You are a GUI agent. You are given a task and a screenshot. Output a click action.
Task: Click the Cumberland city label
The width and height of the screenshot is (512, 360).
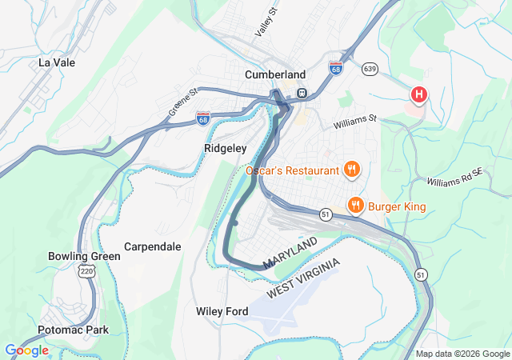[274, 74]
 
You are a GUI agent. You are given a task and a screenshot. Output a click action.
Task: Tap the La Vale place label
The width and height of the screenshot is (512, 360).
[56, 62]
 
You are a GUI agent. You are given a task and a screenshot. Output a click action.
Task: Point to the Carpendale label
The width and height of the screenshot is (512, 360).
[153, 246]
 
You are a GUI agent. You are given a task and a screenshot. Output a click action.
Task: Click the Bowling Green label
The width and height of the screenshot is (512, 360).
[84, 256]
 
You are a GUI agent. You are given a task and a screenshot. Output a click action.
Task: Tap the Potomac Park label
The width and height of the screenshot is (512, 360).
[73, 330]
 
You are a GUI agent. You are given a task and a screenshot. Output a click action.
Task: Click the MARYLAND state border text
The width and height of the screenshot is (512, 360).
[290, 252]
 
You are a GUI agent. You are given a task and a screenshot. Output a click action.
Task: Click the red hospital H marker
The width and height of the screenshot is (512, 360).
[418, 96]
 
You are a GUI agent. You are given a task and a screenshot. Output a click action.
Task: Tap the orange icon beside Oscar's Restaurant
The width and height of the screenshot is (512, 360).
[351, 170]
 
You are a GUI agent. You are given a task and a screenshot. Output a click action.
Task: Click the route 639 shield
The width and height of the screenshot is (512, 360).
[370, 70]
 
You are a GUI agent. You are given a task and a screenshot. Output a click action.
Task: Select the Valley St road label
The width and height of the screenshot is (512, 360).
[265, 22]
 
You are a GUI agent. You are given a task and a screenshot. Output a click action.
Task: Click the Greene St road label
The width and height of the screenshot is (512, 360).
[182, 103]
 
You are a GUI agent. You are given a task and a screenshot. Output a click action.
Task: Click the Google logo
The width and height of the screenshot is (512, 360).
[26, 350]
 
